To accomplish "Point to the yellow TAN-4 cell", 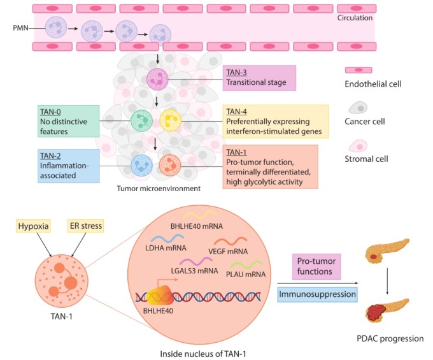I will point(170,120).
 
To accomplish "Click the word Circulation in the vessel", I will point(355,18).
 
